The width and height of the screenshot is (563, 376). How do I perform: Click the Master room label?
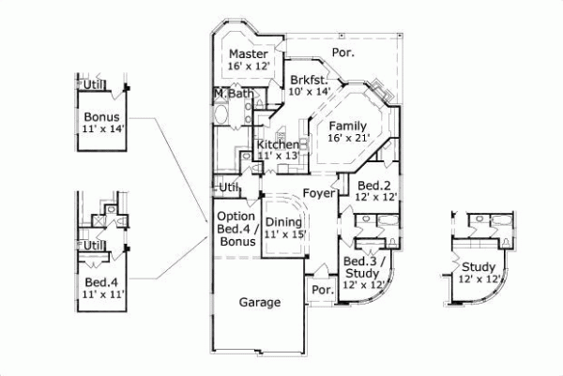click(249, 54)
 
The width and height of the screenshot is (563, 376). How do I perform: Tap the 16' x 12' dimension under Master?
click(249, 67)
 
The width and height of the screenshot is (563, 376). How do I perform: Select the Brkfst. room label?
click(307, 80)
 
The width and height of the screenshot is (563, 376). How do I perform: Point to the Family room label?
click(348, 125)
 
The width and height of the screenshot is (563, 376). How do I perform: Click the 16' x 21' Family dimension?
click(348, 138)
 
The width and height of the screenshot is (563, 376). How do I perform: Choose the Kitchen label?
click(278, 144)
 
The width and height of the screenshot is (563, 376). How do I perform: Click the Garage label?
click(260, 303)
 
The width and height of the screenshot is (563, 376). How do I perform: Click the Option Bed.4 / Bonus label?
click(236, 228)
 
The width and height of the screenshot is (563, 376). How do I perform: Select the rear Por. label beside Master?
click(343, 53)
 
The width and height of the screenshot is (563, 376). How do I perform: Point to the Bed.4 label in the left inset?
click(101, 281)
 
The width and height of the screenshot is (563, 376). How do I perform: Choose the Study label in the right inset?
click(477, 266)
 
